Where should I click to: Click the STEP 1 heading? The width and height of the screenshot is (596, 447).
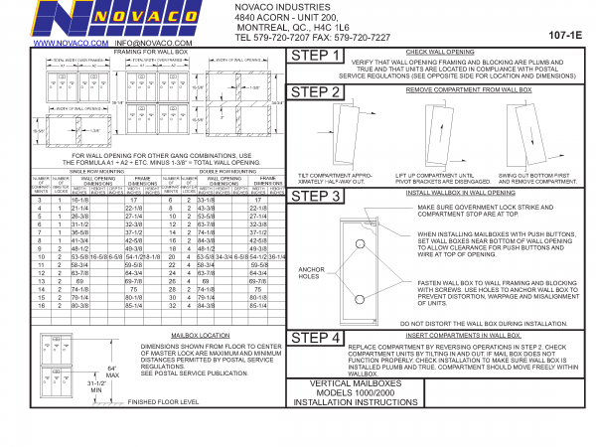[320, 58]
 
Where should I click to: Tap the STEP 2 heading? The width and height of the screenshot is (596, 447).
[320, 93]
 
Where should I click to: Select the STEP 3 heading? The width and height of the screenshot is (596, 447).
[320, 196]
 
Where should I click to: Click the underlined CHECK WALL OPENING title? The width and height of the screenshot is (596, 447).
[444, 50]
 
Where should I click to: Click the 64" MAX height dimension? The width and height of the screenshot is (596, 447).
[111, 372]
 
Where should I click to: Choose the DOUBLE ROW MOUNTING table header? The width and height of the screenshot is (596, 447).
[223, 171]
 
